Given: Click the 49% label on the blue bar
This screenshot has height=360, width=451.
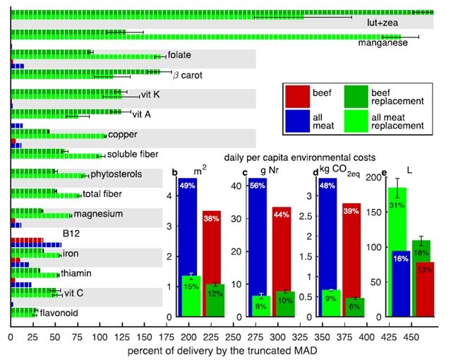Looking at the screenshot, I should [188, 186].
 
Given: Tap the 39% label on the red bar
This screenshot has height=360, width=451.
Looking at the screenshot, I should [351, 211].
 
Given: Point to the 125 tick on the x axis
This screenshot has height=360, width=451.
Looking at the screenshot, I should [100, 337].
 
